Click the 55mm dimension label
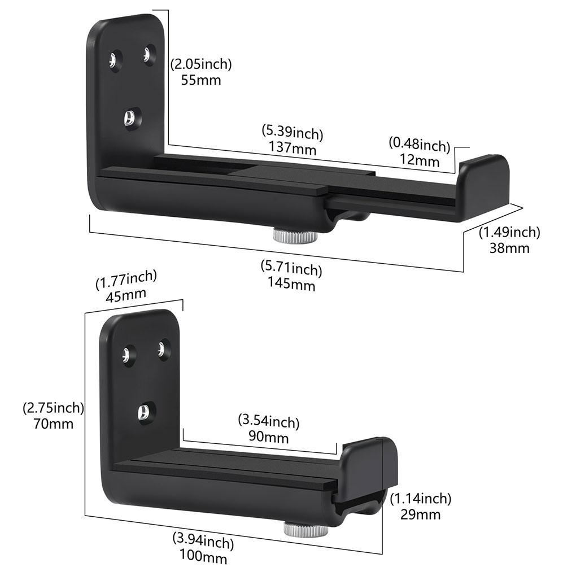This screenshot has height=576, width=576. click(201, 80)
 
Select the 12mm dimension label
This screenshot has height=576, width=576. click(419, 161)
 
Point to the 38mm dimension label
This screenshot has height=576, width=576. click(509, 247)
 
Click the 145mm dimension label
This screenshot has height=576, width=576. click(291, 284)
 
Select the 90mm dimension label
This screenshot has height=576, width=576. click(269, 437)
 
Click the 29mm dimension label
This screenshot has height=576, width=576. click(420, 514)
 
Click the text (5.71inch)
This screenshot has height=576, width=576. click(291, 269)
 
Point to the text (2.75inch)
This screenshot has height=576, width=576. click(54, 407)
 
